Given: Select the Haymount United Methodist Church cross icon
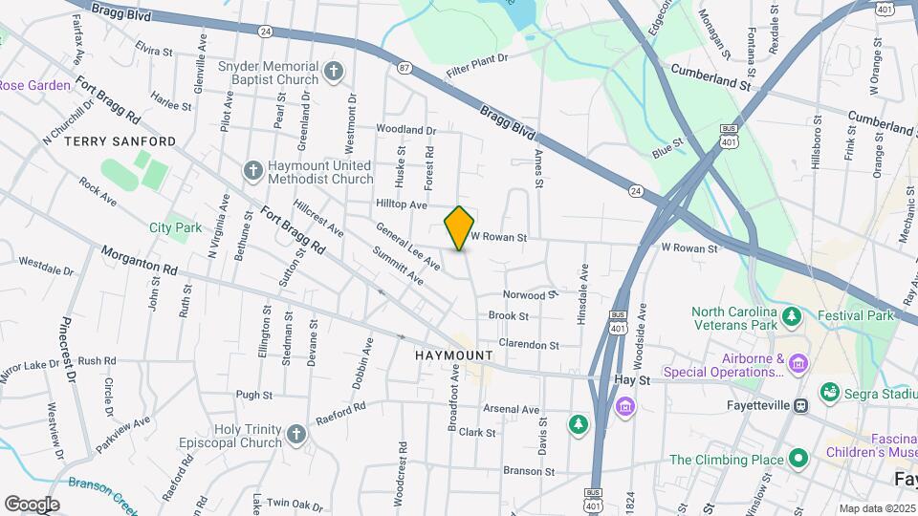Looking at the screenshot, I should click(x=252, y=170).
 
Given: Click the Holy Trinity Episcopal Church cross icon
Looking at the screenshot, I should click(x=295, y=435).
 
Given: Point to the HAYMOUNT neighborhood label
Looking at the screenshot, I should click(x=454, y=355).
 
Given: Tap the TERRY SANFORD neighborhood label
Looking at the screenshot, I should click(x=120, y=141).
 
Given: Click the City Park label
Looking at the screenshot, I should click(x=175, y=227).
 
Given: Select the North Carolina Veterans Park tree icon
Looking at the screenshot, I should click(x=790, y=315).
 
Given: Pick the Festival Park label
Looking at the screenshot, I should click(x=855, y=315).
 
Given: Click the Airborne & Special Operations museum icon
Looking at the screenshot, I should click(x=799, y=363).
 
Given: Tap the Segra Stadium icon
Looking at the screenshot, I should click(x=829, y=392).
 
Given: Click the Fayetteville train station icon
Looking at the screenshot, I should click(x=802, y=404).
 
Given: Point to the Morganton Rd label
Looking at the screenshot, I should click(x=140, y=260).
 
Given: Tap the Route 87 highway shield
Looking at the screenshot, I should click(x=404, y=67).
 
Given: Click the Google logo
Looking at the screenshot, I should click(x=32, y=504).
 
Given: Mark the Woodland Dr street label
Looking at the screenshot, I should click(x=405, y=129).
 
